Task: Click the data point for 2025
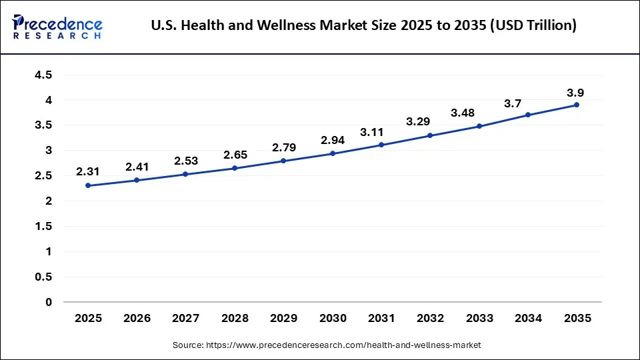point(88,185)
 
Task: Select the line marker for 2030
point(333,153)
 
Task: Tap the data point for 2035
point(577,105)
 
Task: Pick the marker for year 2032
point(430,135)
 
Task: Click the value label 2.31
point(88,171)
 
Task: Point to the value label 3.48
point(463,113)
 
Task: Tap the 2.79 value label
point(284,147)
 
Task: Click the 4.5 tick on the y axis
point(43,75)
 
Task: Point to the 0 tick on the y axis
point(49,302)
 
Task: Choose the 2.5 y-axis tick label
point(43,176)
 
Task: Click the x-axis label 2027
point(186,319)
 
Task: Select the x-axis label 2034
point(528,319)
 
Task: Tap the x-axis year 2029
point(284,319)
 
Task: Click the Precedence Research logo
point(57,26)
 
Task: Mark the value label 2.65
point(235,155)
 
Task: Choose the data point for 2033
point(479,126)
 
